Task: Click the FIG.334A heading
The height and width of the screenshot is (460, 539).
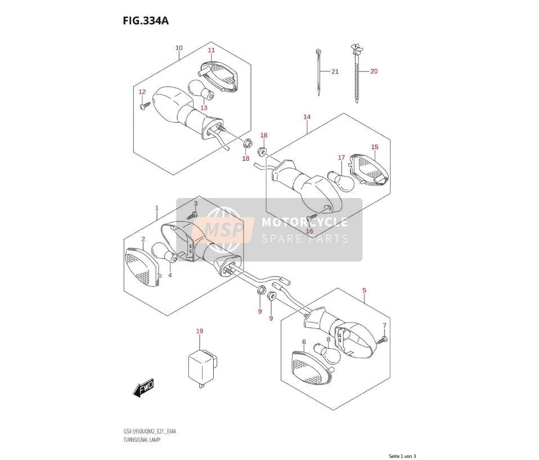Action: click(x=146, y=21)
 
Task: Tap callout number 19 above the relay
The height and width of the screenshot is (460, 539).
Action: click(x=200, y=331)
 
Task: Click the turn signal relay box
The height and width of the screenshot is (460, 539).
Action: click(x=203, y=368)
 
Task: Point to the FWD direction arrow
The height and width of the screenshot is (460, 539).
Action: click(x=143, y=388)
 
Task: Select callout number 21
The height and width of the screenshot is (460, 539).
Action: click(x=335, y=71)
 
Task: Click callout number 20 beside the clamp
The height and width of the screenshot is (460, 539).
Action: click(x=374, y=71)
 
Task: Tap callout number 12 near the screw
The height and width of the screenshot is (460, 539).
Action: click(x=142, y=92)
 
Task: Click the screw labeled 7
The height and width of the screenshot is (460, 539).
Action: click(x=381, y=340)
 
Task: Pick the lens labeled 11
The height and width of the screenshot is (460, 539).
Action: click(x=218, y=76)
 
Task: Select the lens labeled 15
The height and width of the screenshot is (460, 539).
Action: click(x=369, y=170)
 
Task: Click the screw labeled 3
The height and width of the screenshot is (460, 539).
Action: click(x=192, y=215)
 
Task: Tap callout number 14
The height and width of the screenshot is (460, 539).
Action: click(x=307, y=117)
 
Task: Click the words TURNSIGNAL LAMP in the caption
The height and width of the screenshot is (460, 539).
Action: click(x=142, y=439)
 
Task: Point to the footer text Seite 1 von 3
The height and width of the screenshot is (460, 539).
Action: click(x=402, y=456)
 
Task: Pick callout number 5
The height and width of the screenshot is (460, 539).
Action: click(x=365, y=291)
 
